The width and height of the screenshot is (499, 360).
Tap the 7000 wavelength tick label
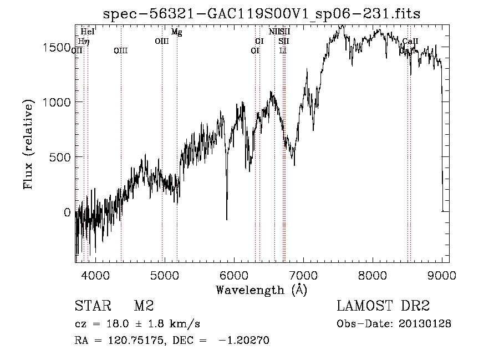(303, 275)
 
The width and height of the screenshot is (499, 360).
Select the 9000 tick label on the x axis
(442, 275)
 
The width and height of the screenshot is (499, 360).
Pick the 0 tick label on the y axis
(67, 212)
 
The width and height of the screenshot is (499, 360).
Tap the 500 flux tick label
(60, 158)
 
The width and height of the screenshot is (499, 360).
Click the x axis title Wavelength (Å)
(261, 290)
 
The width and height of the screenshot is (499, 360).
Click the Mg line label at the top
(176, 32)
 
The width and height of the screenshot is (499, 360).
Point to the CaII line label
(410, 42)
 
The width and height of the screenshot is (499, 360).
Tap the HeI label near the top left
(88, 32)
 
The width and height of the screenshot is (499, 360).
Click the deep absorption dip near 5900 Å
(227, 216)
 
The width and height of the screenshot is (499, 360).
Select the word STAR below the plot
(90, 307)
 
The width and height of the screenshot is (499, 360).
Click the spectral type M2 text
(143, 307)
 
